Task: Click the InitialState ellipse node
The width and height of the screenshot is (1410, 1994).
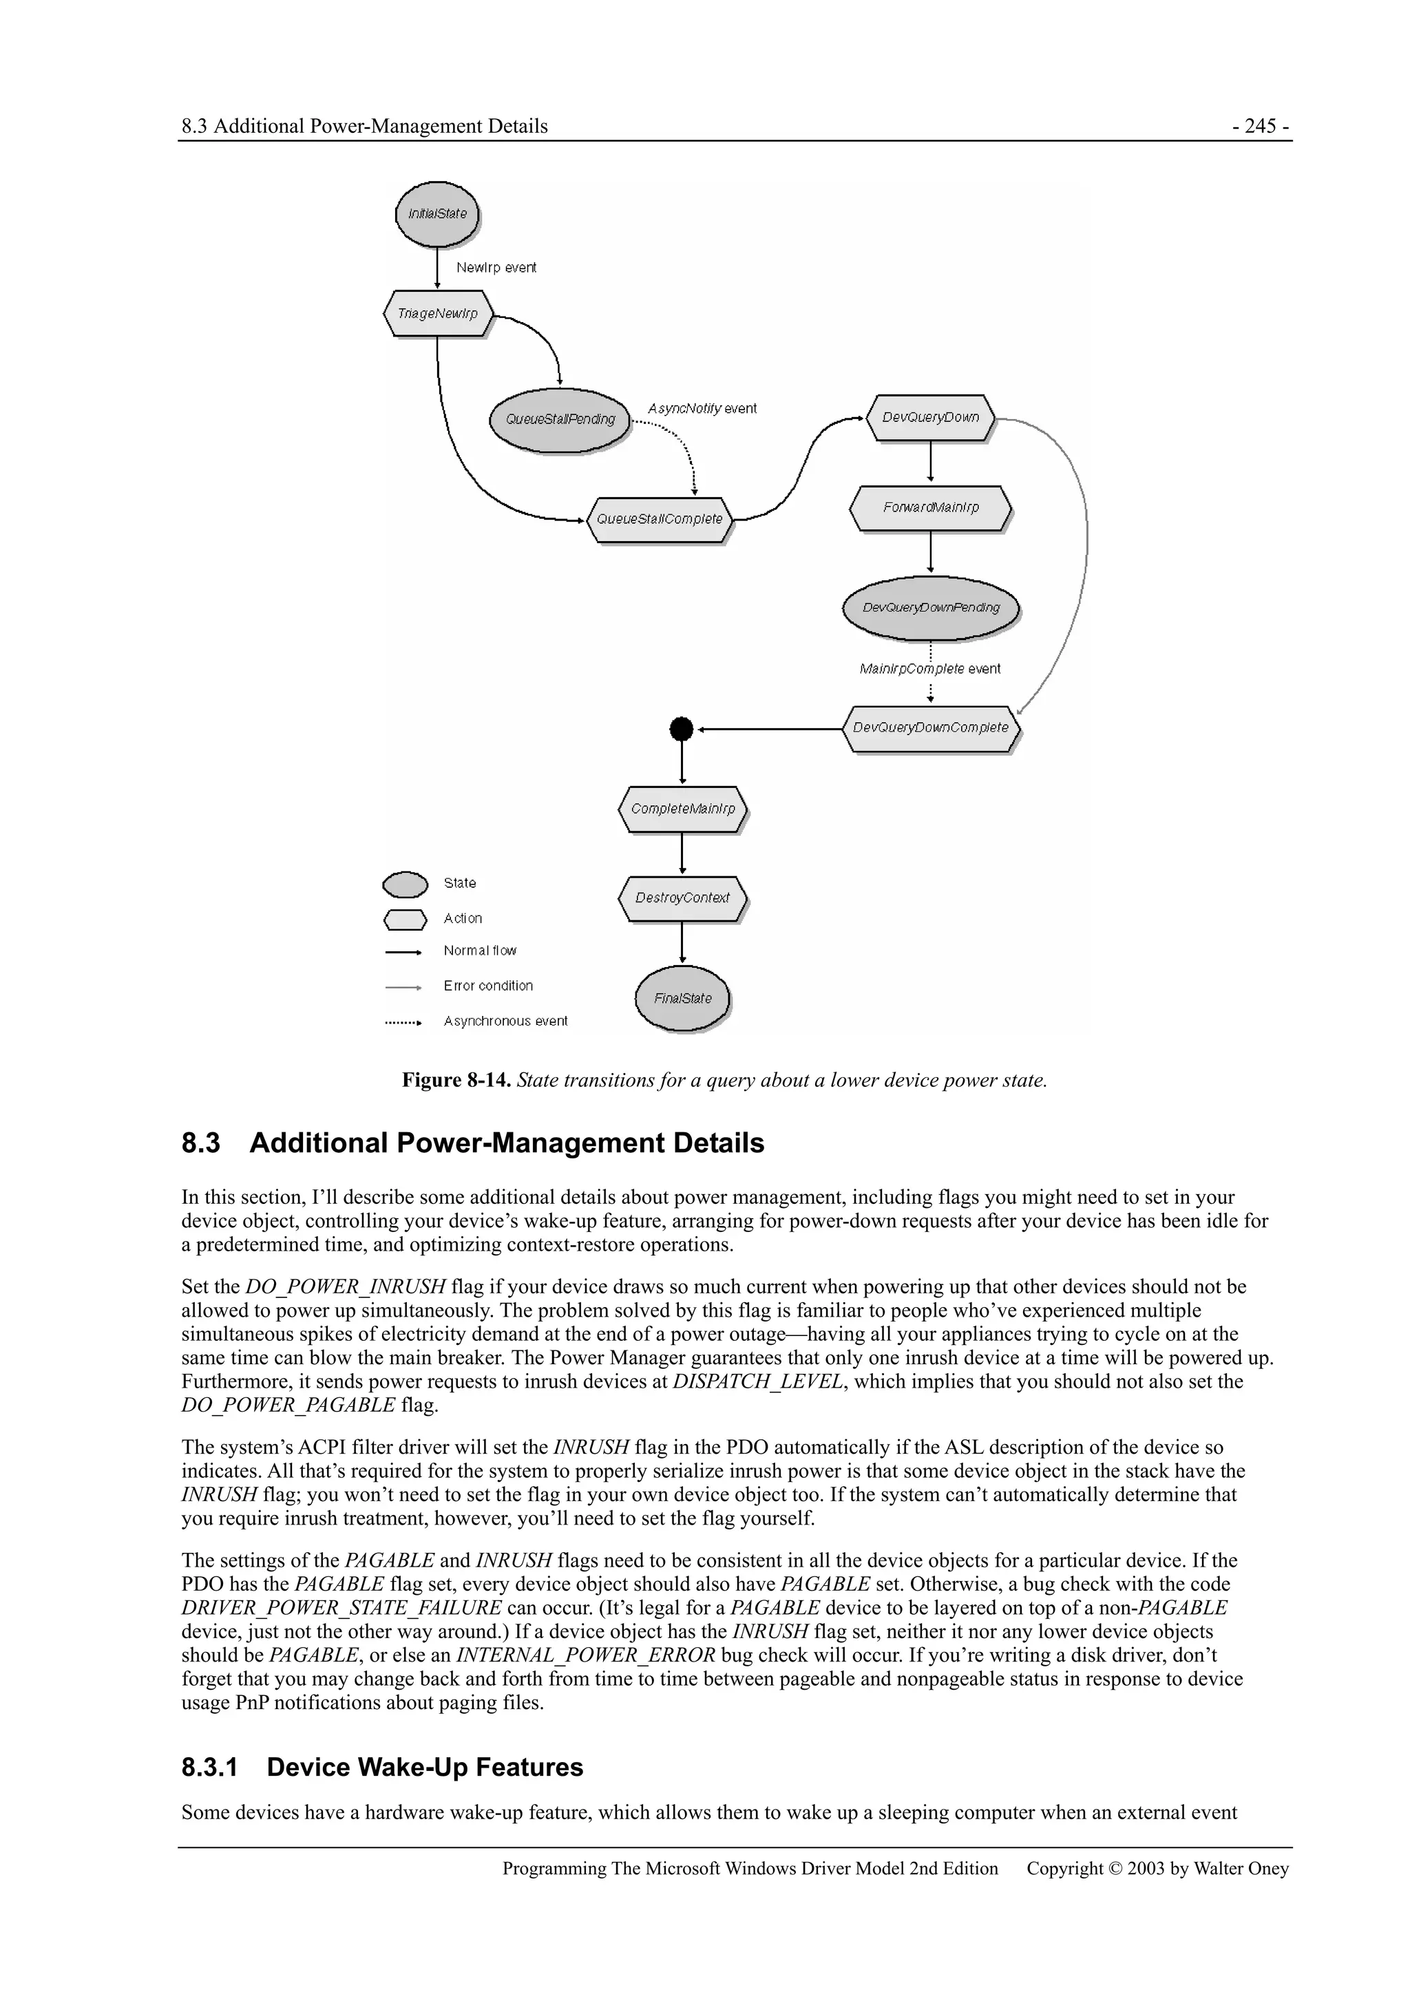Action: (x=437, y=213)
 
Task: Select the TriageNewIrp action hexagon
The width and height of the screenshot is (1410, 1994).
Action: (x=438, y=313)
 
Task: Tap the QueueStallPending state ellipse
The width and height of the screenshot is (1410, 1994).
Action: (x=560, y=419)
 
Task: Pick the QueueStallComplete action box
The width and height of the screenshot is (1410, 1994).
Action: (x=660, y=520)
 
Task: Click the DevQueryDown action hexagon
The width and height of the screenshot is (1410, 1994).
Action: (x=930, y=418)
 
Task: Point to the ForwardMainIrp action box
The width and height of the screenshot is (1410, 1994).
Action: (x=930, y=507)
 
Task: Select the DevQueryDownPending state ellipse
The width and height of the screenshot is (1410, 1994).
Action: (x=930, y=608)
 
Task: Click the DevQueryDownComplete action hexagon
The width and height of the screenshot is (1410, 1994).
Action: (x=930, y=728)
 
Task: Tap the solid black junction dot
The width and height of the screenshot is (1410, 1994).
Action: (x=682, y=729)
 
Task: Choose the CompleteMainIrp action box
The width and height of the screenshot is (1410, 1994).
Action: (x=683, y=809)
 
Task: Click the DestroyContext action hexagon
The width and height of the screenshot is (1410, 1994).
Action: (x=683, y=898)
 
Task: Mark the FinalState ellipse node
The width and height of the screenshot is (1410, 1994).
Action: (x=683, y=999)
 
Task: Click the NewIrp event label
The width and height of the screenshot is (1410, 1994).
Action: (x=496, y=268)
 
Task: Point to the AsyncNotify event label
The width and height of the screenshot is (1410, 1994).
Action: (x=702, y=408)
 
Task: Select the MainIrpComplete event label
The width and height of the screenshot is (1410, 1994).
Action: (x=929, y=669)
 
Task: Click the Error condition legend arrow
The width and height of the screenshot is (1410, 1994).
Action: (x=403, y=986)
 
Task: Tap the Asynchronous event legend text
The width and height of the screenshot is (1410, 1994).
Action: (x=505, y=1021)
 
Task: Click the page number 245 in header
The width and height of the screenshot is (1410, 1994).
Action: (x=1260, y=126)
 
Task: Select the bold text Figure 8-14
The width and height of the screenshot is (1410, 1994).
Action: (x=456, y=1081)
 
